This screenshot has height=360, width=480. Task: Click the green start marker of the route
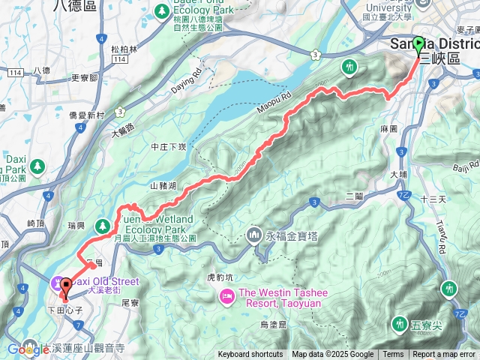[418, 44]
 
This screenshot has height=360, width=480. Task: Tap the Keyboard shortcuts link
[250, 355]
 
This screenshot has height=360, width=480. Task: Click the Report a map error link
[444, 355]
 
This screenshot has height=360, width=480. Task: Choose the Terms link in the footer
[393, 355]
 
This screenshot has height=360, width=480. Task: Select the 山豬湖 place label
[163, 185]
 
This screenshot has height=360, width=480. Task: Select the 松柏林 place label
[124, 49]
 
